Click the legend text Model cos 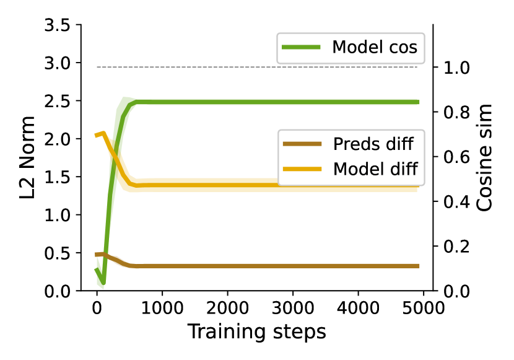coord(374,47)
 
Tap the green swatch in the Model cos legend coord(301,48)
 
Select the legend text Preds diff coord(373,144)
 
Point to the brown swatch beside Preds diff coord(302,144)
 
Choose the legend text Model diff coord(375,169)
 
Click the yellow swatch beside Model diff coord(302,169)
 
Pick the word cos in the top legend coord(404,48)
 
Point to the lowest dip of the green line coord(100,286)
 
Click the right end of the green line coord(419,102)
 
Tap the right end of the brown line coord(419,266)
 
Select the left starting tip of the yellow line coord(95,134)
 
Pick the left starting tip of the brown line coord(95,255)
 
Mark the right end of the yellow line coord(417,185)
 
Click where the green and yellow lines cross coord(115,155)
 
